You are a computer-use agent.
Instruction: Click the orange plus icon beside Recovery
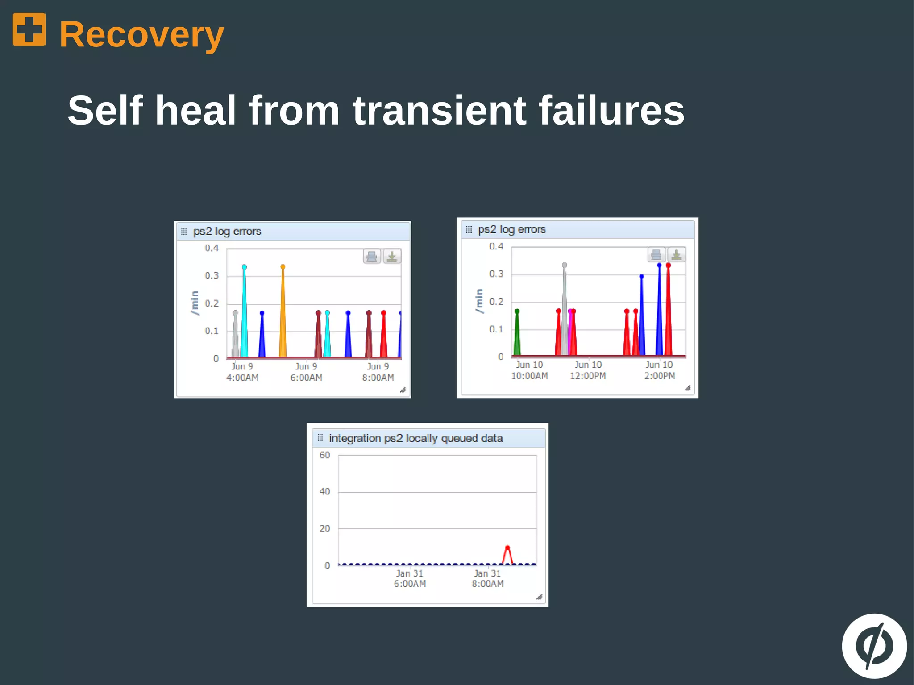(29, 29)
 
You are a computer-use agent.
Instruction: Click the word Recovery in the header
(141, 34)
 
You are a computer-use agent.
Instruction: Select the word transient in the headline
(439, 110)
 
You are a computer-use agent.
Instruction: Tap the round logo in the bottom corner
(874, 646)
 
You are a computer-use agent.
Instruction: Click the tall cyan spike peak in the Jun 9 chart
(244, 267)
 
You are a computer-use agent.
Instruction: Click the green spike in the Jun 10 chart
(517, 332)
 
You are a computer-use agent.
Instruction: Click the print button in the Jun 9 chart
(372, 257)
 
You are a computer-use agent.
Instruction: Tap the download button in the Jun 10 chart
(677, 255)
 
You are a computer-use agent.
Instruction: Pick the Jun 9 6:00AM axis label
(306, 372)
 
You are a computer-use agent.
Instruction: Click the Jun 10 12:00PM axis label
(588, 370)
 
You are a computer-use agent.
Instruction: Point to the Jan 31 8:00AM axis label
(487, 578)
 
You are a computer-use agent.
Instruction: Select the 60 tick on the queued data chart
(324, 455)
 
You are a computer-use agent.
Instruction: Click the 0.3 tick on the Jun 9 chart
(212, 276)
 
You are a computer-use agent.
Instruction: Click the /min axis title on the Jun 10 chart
(479, 301)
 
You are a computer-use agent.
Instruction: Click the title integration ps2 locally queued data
(415, 438)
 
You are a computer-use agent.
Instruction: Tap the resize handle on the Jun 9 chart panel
(403, 390)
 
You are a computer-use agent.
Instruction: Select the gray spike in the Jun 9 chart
(235, 335)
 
